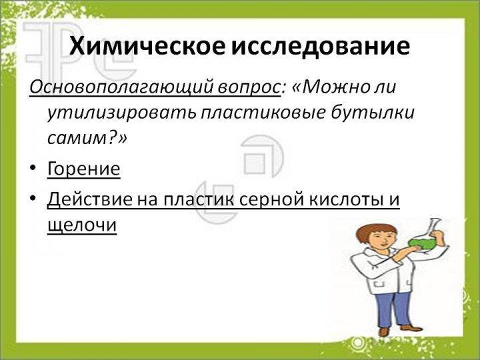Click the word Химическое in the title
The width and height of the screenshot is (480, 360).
tap(147, 47)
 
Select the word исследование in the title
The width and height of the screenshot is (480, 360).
tap(320, 47)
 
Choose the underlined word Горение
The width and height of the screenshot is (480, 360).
tap(83, 169)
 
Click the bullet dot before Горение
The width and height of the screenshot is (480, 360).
tap(33, 168)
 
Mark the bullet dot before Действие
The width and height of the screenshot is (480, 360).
tap(33, 199)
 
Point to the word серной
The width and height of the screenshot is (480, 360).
tap(270, 199)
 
